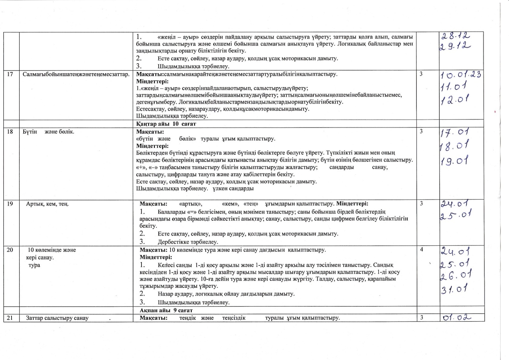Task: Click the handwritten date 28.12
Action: (456, 36)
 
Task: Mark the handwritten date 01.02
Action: (457, 318)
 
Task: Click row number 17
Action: (10, 74)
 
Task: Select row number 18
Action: (10, 132)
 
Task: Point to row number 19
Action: (10, 204)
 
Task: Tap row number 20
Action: (10, 250)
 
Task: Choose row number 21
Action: (10, 318)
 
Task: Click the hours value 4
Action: (422, 250)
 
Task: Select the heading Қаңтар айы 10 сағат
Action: (166, 124)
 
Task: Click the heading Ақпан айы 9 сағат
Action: (166, 310)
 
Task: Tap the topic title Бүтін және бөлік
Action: (48, 132)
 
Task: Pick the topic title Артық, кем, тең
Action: (47, 204)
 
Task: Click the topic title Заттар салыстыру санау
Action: (57, 318)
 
